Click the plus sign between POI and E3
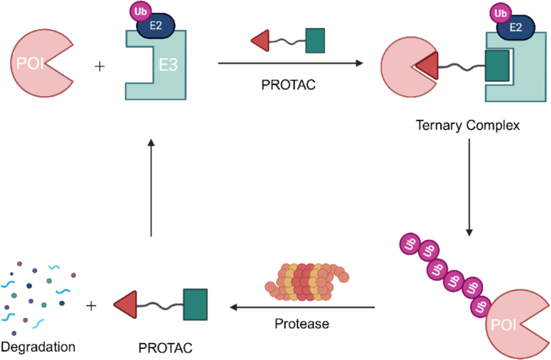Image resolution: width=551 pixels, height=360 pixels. click(99, 66)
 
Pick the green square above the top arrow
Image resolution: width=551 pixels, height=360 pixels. click(315, 39)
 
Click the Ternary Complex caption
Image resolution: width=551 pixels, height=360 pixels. click(467, 125)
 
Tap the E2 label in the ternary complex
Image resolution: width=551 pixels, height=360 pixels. click(517, 27)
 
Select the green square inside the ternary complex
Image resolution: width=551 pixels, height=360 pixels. click(497, 65)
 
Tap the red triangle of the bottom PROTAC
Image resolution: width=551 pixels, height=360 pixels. click(126, 304)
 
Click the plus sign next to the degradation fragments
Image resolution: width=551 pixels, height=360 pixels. click(92, 305)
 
